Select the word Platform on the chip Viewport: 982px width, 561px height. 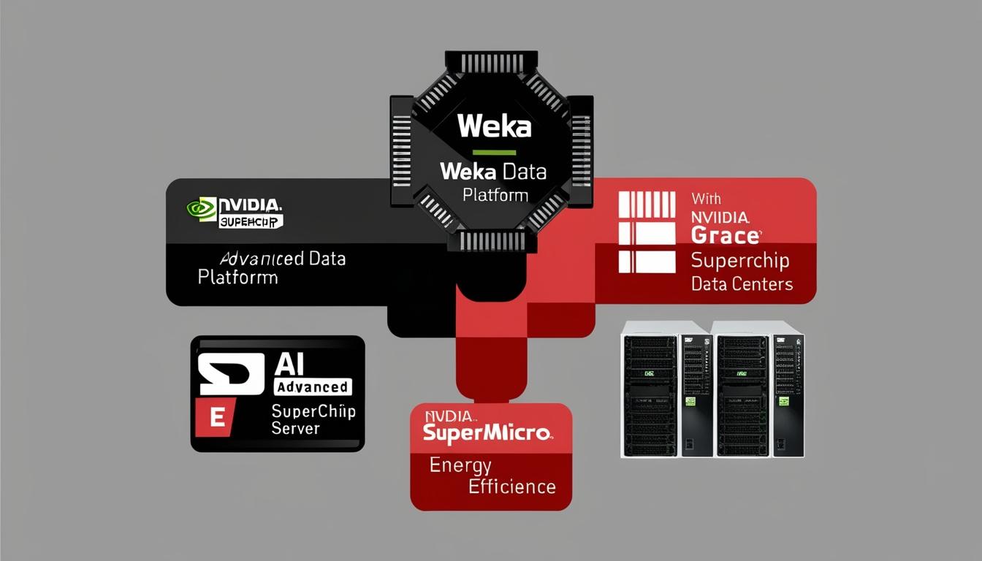pos(495,195)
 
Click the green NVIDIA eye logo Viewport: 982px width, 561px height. pos(201,209)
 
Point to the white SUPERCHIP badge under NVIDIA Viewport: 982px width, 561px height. pos(251,221)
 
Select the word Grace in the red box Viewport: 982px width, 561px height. pos(725,236)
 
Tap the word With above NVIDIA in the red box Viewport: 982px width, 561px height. pos(705,198)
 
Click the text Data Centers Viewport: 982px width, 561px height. pos(741,283)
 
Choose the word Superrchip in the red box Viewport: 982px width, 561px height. pos(739,261)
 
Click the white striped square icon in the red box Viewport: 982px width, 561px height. pos(647,232)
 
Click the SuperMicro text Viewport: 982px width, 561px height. pos(487,432)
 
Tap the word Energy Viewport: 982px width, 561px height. pos(460,465)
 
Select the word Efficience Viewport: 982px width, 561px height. pos(511,486)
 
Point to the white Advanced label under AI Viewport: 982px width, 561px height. pos(312,386)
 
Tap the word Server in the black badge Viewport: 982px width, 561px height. pos(296,428)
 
